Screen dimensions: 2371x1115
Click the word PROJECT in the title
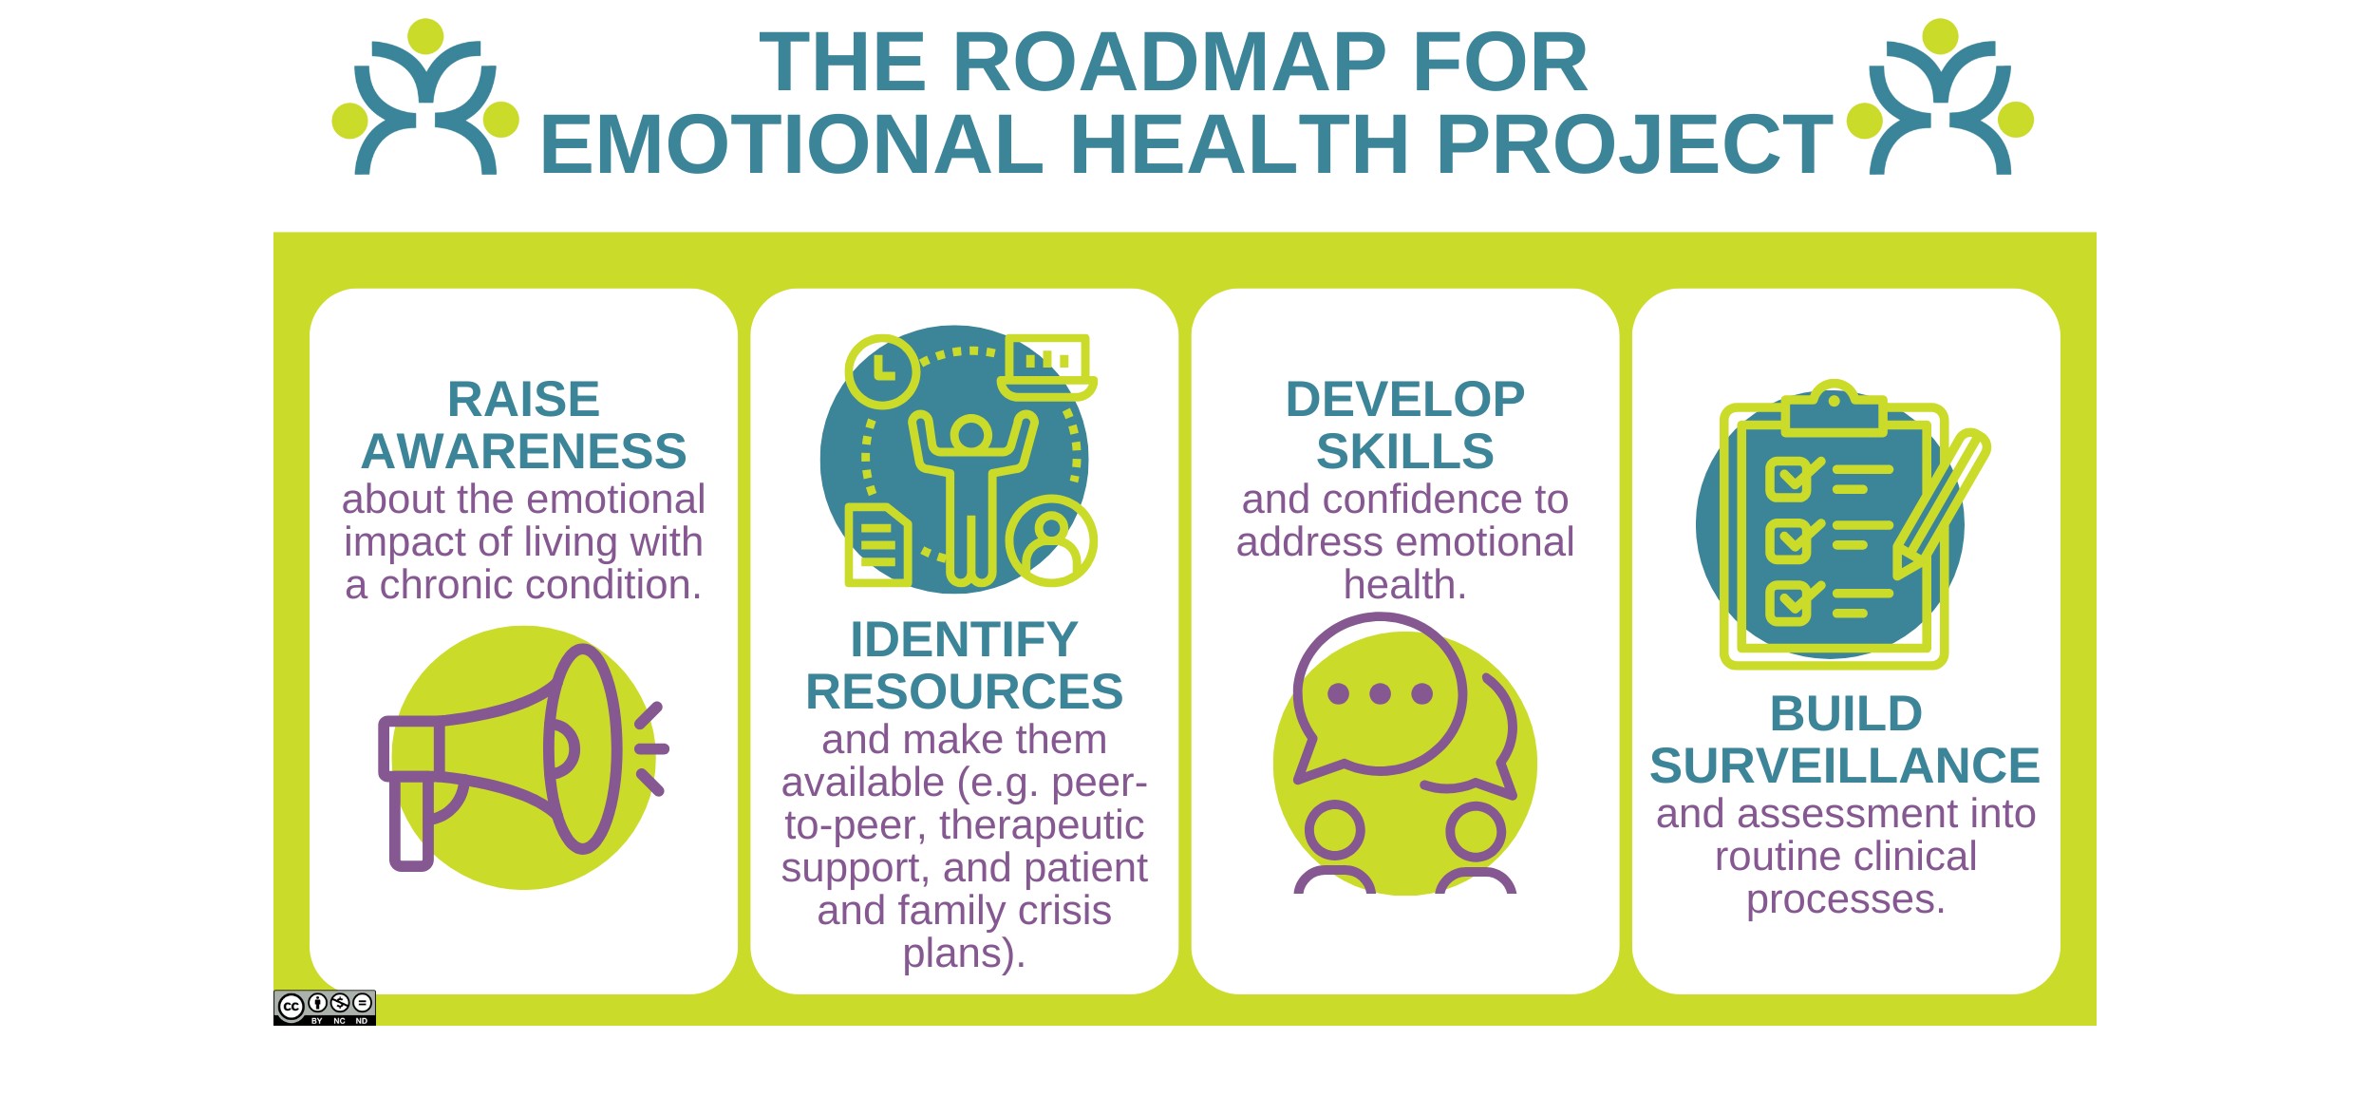(1634, 144)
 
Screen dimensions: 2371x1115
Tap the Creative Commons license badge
(325, 1008)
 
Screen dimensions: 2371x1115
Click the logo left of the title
(425, 97)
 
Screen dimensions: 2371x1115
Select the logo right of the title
(1940, 97)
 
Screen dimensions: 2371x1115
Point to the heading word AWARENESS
(523, 451)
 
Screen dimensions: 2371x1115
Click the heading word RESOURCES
(964, 691)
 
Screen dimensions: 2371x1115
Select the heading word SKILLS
(1404, 451)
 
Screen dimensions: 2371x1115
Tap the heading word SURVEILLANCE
(1845, 765)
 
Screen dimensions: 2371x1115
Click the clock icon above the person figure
(883, 371)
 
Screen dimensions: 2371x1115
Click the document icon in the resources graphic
(878, 544)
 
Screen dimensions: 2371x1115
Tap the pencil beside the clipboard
(1941, 503)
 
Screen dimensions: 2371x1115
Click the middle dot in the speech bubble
(1381, 694)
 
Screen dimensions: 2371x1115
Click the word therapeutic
(1042, 825)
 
